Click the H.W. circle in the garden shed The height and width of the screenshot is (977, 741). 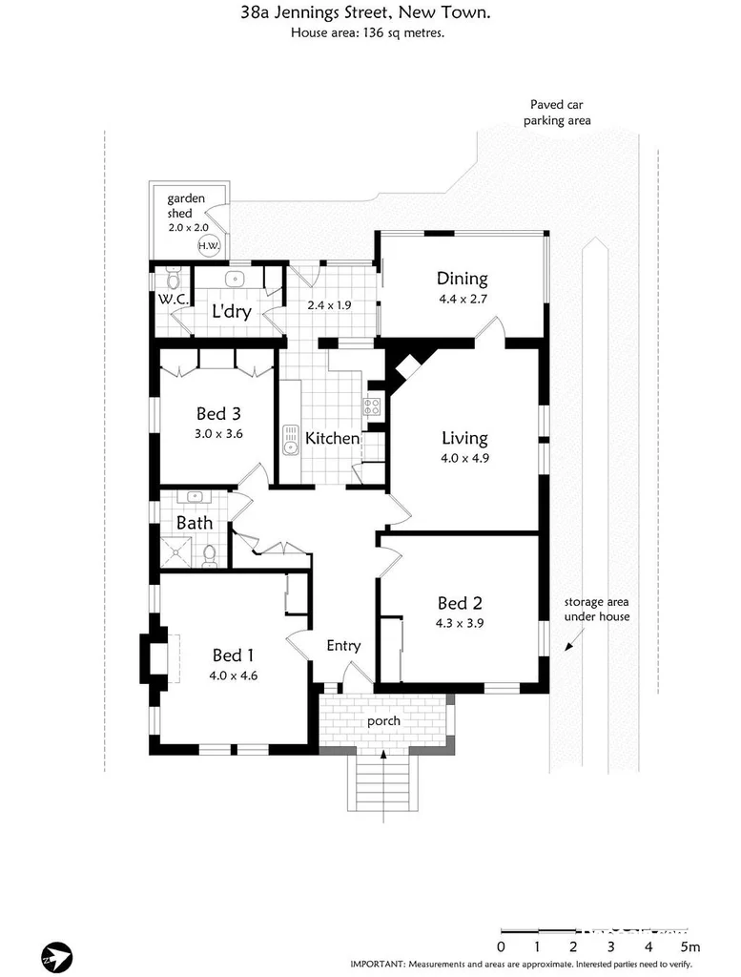[208, 245]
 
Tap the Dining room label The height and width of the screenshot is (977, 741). [463, 279]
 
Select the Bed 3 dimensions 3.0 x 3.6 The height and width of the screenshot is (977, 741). [218, 433]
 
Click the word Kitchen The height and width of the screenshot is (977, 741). [332, 439]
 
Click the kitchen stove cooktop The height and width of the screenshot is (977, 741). [371, 408]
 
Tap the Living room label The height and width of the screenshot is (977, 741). [464, 438]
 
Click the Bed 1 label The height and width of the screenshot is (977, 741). [234, 655]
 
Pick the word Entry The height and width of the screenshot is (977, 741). [343, 646]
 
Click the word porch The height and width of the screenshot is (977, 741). [383, 720]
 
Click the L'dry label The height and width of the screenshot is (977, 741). [231, 311]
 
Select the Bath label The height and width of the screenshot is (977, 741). [195, 523]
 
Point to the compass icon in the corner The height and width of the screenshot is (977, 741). [56, 955]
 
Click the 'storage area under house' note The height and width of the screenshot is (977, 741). [596, 610]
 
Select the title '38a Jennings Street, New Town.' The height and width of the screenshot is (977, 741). [368, 13]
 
